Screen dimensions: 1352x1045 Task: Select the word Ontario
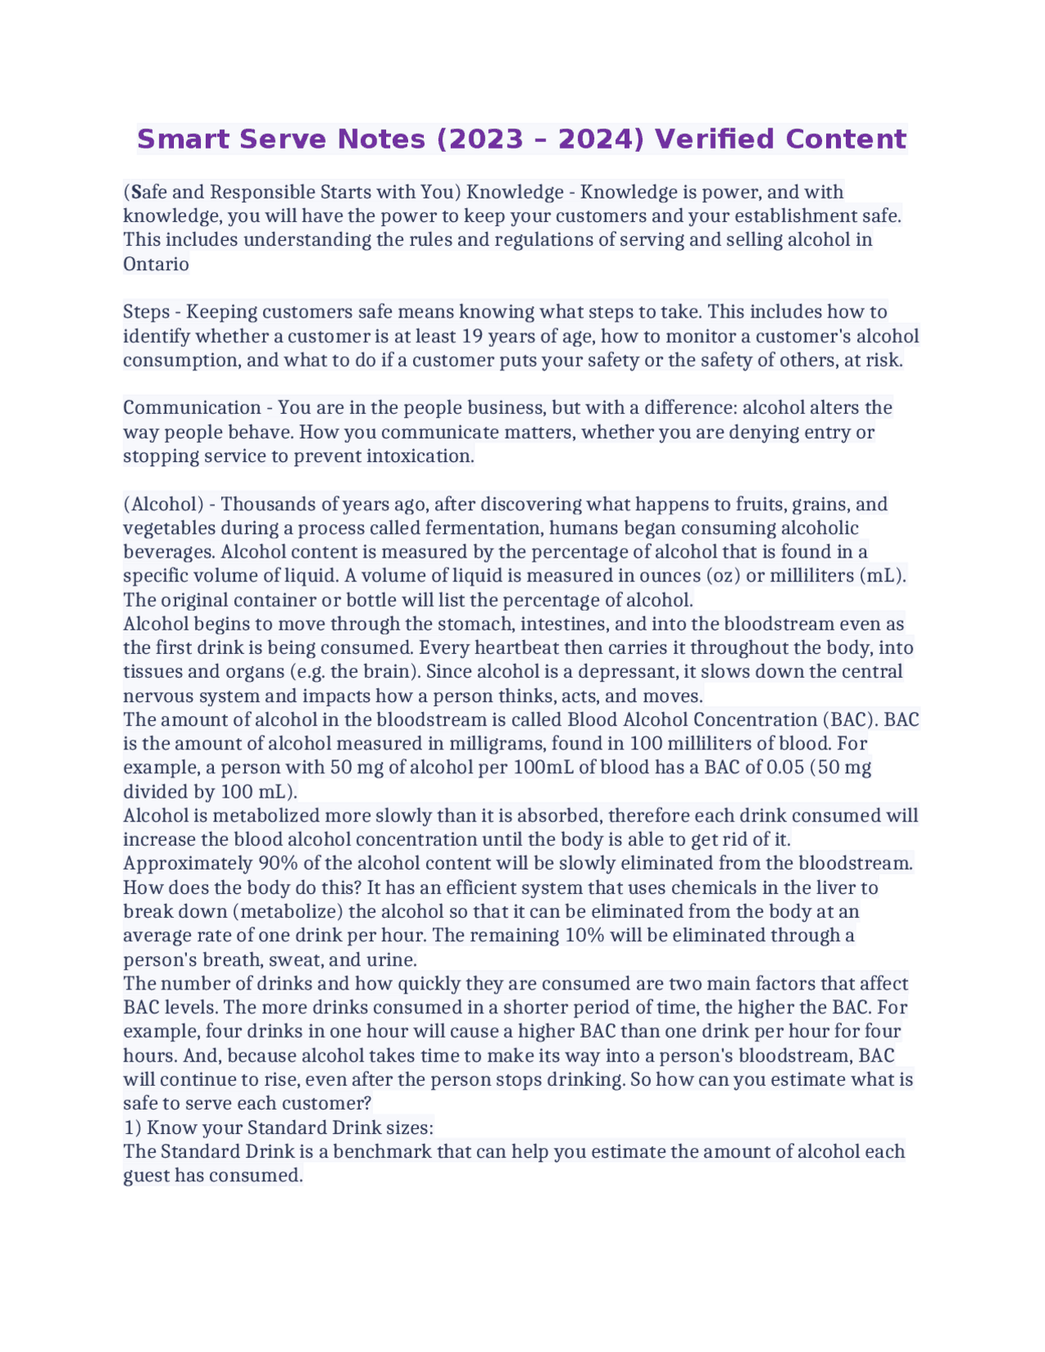point(156,264)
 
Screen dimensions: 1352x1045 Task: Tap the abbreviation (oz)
point(721,576)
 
